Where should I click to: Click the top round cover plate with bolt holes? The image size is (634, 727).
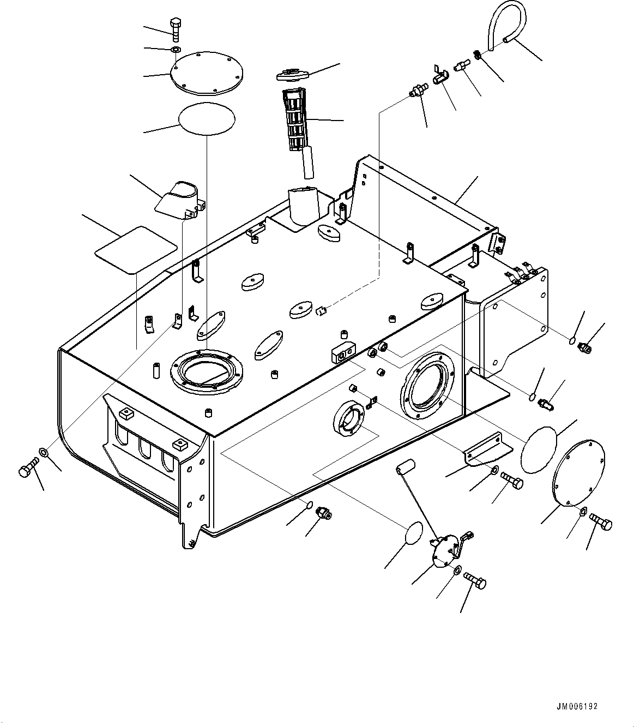pyautogui.click(x=207, y=74)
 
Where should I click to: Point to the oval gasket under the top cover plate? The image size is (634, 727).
pyautogui.click(x=207, y=119)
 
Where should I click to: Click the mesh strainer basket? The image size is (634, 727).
pyautogui.click(x=297, y=119)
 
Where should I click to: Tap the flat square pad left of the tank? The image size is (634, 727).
pyautogui.click(x=136, y=250)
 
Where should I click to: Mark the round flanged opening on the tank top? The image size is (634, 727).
pyautogui.click(x=207, y=372)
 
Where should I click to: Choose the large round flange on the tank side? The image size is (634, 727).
pyautogui.click(x=427, y=385)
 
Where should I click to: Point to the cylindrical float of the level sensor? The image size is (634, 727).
pyautogui.click(x=406, y=466)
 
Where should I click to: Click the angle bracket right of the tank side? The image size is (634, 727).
pyautogui.click(x=488, y=449)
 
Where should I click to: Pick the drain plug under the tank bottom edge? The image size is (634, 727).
pyautogui.click(x=324, y=513)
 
